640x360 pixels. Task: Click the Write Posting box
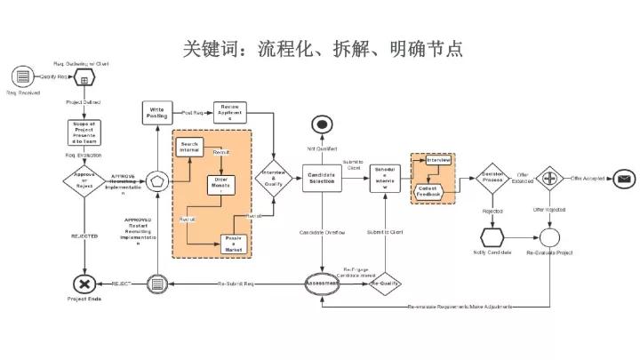click(x=156, y=113)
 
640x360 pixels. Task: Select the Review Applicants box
click(x=230, y=113)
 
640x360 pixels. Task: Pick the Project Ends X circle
click(x=84, y=284)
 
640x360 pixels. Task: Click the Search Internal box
click(x=189, y=148)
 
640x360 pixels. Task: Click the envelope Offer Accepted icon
click(x=624, y=179)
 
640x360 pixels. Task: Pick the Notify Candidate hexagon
click(x=492, y=238)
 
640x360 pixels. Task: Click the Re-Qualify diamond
click(x=385, y=284)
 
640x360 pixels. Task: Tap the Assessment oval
click(x=323, y=284)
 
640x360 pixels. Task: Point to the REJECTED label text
click(x=84, y=236)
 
